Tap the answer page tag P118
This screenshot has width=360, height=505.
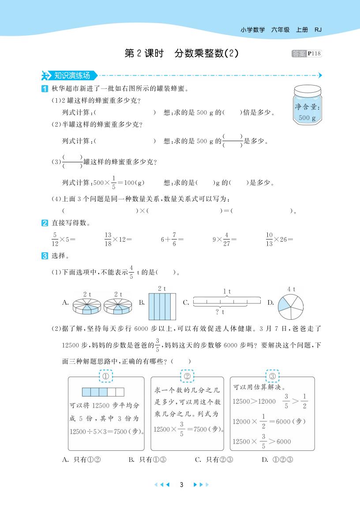tap(315, 54)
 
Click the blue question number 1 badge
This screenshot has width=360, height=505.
tap(45, 89)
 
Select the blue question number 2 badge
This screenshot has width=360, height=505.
tap(45, 223)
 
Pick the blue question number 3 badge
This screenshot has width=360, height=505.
tap(45, 255)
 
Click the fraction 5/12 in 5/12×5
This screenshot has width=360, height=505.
tap(55, 239)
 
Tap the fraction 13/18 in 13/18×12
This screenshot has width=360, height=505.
tap(108, 239)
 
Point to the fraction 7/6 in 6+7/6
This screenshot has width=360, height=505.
tap(174, 239)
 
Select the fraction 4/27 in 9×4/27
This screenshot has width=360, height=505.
tap(226, 239)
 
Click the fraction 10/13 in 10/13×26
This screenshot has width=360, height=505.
tap(270, 239)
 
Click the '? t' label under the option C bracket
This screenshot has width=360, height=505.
tap(221, 312)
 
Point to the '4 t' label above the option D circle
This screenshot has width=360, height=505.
tap(291, 289)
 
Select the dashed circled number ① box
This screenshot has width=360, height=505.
tap(106, 376)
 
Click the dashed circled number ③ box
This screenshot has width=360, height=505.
tap(272, 376)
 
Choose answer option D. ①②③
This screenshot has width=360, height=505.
tap(277, 460)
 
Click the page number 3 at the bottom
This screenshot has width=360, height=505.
tap(181, 484)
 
